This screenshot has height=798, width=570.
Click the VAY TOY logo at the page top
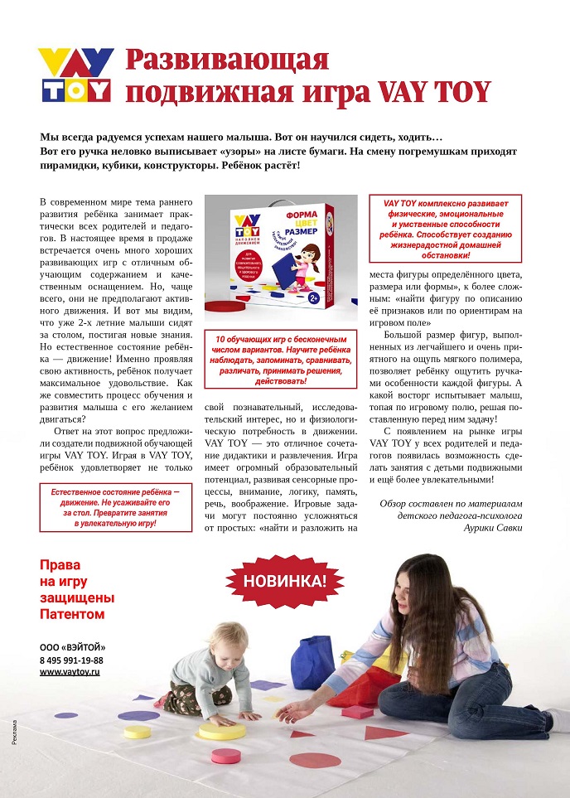tap(75, 75)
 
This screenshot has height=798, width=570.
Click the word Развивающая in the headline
tap(227, 60)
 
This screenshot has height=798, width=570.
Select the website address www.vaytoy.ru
tap(70, 672)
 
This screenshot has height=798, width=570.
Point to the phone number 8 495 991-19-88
tap(71, 660)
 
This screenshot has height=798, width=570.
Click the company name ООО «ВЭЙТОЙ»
tap(73, 647)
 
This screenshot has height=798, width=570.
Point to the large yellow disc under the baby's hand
tap(221, 730)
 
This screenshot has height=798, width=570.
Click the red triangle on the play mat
tap(386, 733)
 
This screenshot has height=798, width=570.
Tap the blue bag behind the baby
tap(313, 661)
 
